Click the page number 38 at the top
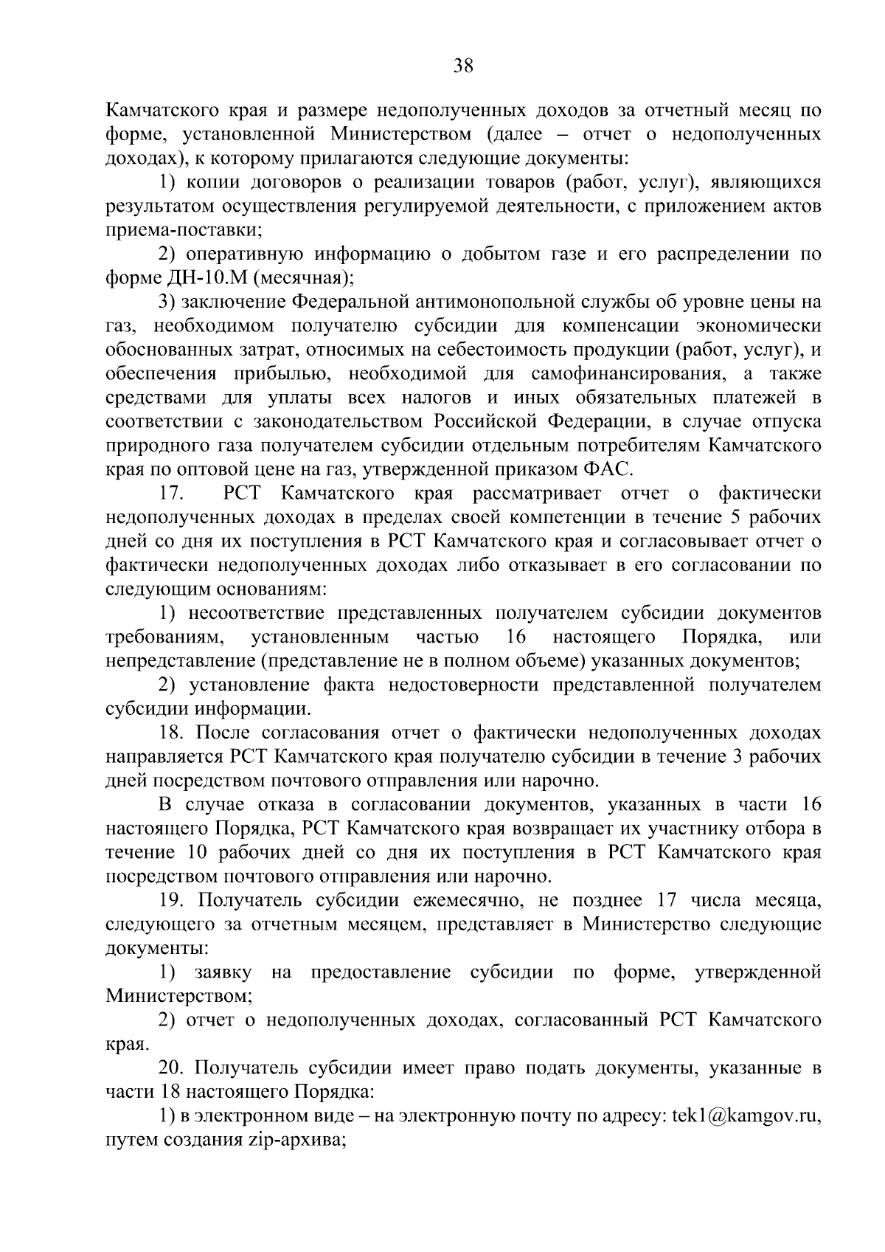pyautogui.click(x=462, y=66)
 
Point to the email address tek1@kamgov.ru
pyautogui.click(x=747, y=1116)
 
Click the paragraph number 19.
pyautogui.click(x=173, y=901)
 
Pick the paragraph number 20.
pyautogui.click(x=173, y=1068)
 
